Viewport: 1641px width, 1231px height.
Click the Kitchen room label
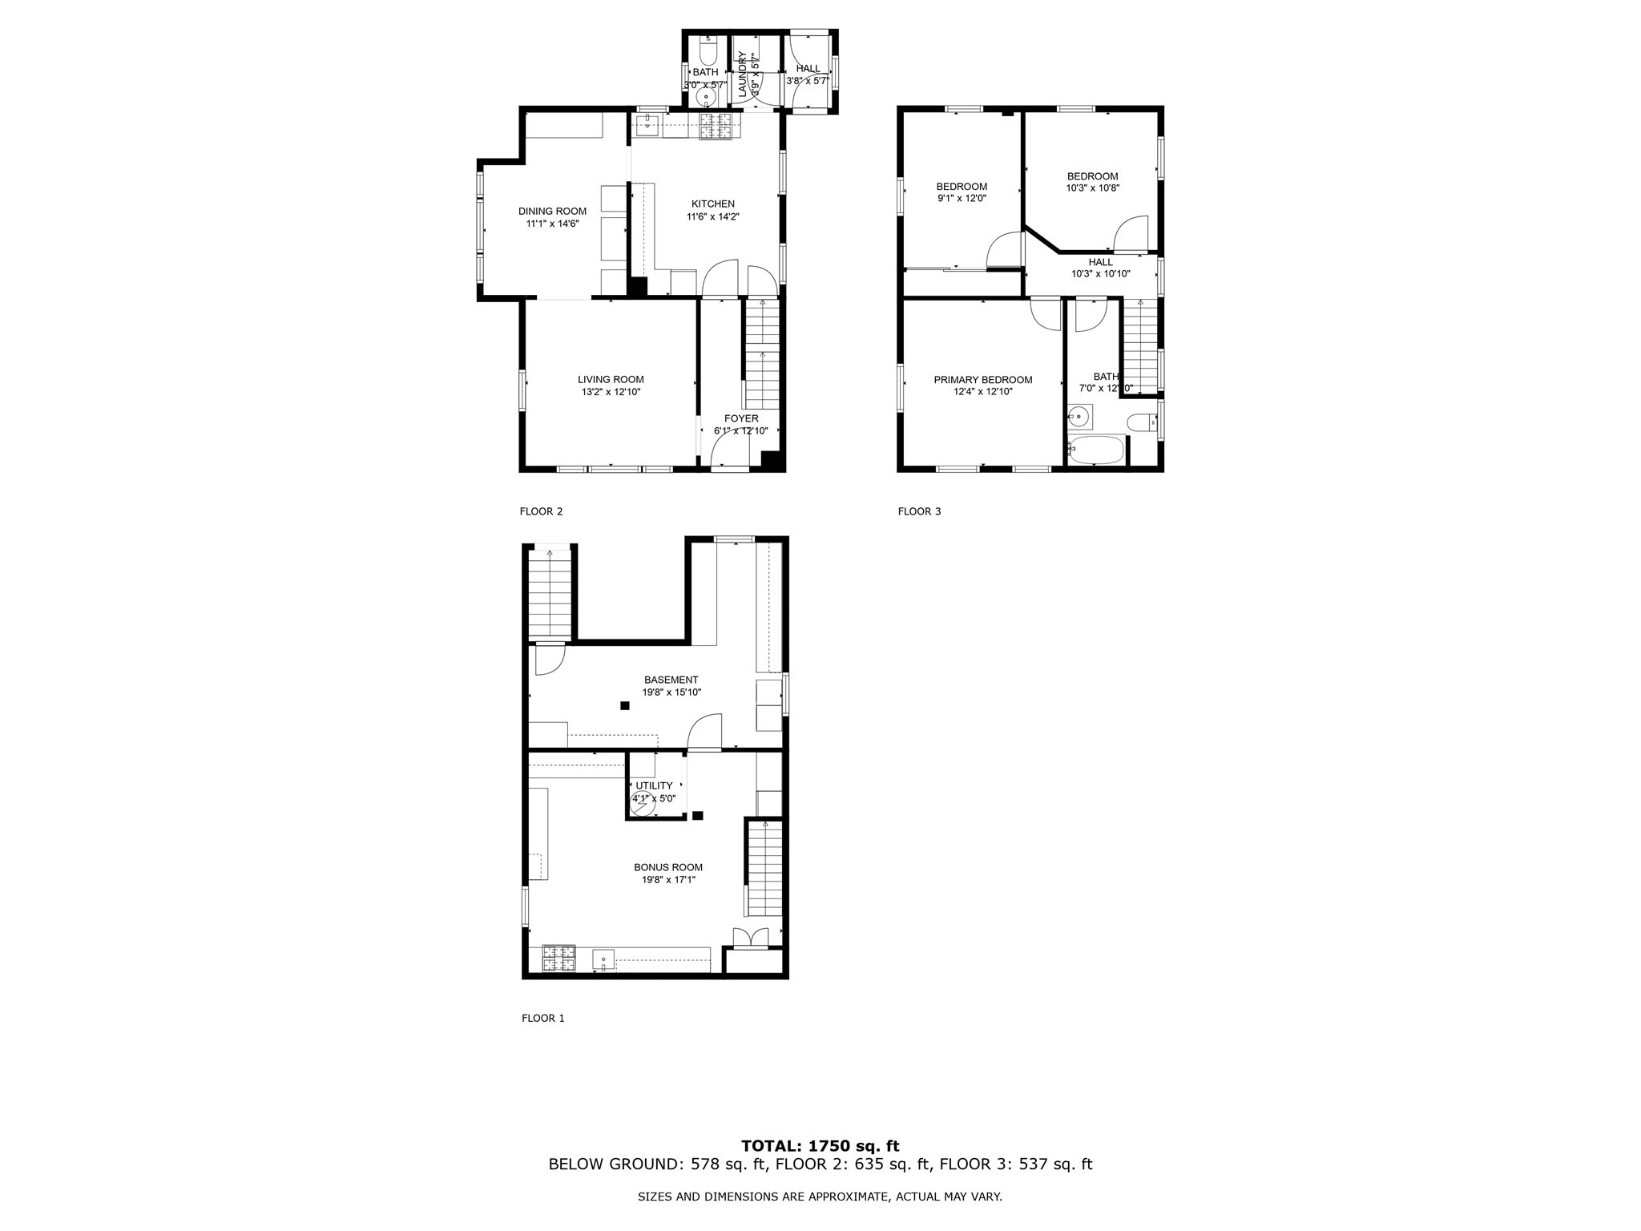tap(712, 204)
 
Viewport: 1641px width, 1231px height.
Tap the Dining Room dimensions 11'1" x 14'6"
tap(552, 224)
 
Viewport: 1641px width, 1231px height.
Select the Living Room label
tap(611, 380)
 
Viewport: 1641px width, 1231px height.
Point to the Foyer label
tap(741, 418)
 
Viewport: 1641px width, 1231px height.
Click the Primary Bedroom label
tap(983, 380)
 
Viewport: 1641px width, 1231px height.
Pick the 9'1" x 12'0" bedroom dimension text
tap(962, 198)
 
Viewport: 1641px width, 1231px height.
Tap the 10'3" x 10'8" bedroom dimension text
tap(1092, 188)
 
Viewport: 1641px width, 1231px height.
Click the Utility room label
tap(654, 785)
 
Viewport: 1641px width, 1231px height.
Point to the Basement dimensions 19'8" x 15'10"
tap(671, 692)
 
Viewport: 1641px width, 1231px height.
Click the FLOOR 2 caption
tap(541, 511)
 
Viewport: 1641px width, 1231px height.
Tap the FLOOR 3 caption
tap(919, 511)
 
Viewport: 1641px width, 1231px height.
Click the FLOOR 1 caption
tap(543, 1018)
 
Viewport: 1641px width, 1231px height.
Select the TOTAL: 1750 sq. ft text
tap(820, 1146)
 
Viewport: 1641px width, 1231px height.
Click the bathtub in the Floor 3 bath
tap(1097, 450)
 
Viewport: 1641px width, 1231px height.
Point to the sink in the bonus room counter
tap(603, 959)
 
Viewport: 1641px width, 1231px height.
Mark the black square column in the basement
tap(624, 705)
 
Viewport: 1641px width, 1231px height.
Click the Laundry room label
tap(742, 75)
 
